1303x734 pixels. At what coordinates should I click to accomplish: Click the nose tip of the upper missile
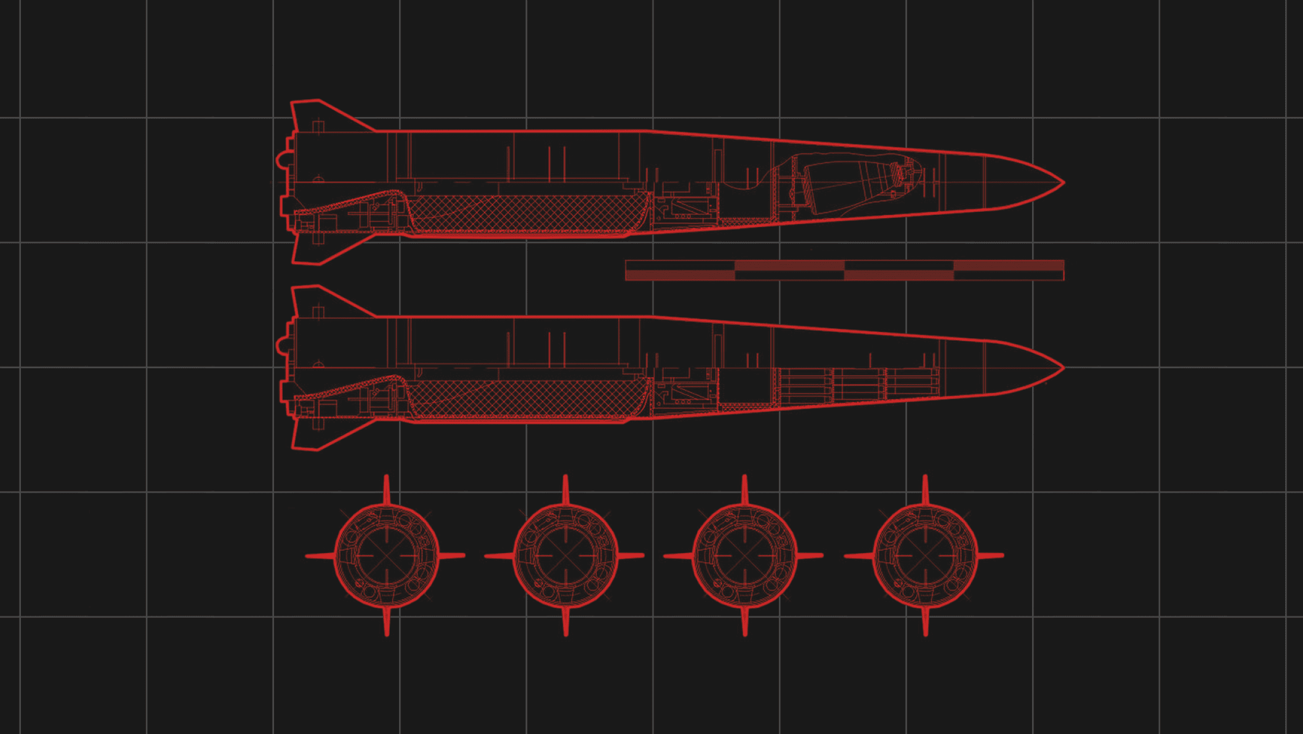coord(1062,182)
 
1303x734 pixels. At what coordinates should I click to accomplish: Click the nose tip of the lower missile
coord(1062,368)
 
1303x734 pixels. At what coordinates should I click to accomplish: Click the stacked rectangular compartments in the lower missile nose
coord(859,386)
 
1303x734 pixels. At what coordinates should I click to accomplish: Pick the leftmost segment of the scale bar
coord(680,270)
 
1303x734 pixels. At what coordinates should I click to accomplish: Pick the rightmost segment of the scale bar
coord(1009,270)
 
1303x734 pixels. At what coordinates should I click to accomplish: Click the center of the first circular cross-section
coord(387,555)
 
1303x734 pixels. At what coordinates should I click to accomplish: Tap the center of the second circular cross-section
coord(565,555)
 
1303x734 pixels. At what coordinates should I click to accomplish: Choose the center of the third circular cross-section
coord(744,555)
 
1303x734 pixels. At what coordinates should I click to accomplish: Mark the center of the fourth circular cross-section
coord(925,555)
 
